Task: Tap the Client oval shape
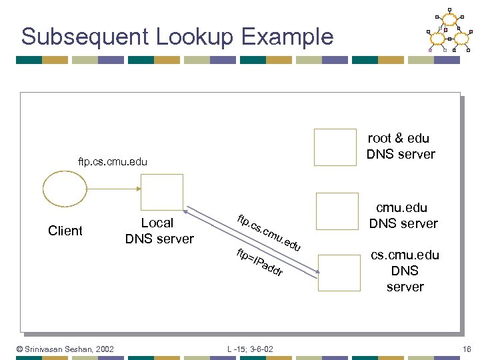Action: click(65, 191)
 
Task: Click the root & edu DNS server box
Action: click(335, 147)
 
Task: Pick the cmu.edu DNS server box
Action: click(337, 211)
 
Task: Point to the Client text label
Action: click(65, 231)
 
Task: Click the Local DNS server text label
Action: click(159, 231)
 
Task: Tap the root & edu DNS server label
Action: click(400, 146)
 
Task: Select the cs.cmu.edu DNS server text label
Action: click(405, 271)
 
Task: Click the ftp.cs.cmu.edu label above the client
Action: click(113, 162)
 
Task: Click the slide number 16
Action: click(466, 349)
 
